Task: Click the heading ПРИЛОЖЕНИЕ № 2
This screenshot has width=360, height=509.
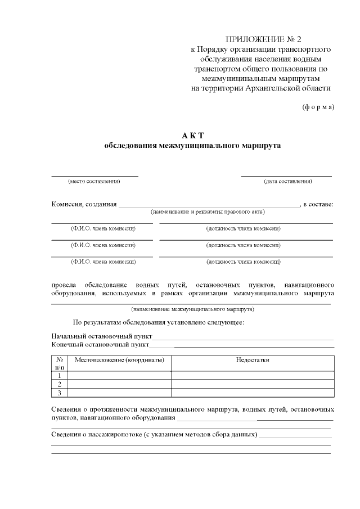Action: pos(263,39)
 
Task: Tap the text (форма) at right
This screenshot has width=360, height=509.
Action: pos(318,107)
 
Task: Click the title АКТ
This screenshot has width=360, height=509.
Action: pos(192,136)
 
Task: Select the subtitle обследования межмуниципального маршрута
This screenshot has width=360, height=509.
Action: pos(192,146)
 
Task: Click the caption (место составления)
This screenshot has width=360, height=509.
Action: pos(94,181)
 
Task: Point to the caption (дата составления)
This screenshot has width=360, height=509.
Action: pos(288,181)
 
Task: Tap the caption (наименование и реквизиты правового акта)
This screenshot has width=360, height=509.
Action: pos(208,212)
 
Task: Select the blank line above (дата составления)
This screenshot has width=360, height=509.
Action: pos(286,176)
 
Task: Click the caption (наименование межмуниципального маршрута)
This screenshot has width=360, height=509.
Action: pos(192,309)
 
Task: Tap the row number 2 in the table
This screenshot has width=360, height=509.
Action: pos(60,384)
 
